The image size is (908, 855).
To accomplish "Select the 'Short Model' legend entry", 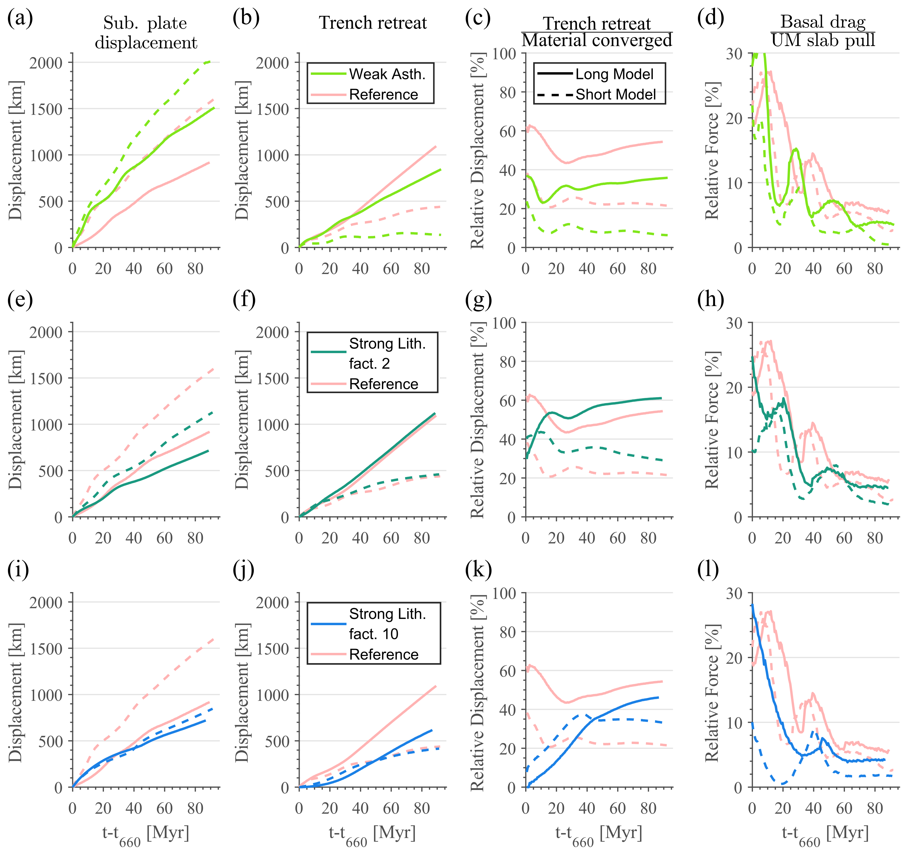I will click(615, 94).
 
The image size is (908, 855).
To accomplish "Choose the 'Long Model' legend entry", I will click(614, 74).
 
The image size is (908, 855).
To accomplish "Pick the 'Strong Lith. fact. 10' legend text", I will click(387, 624).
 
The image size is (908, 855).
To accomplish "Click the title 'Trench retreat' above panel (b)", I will click(373, 23).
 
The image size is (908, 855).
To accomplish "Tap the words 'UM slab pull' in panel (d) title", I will click(823, 41).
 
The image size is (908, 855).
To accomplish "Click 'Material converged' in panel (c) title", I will click(597, 41).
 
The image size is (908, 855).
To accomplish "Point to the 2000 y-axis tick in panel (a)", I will click(46, 63).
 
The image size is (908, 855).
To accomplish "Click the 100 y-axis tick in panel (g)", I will click(504, 323).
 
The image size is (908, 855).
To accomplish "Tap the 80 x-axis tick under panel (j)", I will click(422, 808).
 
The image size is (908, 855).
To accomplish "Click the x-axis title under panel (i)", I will click(145, 834).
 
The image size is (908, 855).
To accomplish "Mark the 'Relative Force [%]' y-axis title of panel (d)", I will click(712, 151).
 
